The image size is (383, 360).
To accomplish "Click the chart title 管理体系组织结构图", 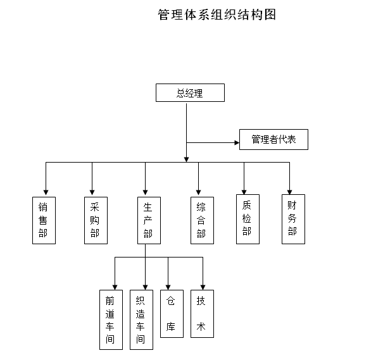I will [217, 15].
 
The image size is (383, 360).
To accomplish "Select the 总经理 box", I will [190, 93].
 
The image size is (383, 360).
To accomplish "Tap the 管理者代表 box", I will [273, 139].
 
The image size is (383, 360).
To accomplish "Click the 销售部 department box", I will [43, 220].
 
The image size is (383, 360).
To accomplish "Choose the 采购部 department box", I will [95, 220].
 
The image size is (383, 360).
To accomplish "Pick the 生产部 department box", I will [148, 220].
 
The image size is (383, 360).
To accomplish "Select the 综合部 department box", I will [201, 220].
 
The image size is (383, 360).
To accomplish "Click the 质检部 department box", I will [247, 218].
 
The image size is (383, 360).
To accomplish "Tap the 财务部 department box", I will [292, 219].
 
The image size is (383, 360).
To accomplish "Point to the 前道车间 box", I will [110, 320].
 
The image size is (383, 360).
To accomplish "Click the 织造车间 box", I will [141, 320].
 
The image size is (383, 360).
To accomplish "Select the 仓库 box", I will [171, 314].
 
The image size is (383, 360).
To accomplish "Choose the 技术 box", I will [201, 314].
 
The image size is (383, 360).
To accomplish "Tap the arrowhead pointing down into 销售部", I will [46, 192].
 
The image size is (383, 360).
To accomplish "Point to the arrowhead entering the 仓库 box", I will [168, 287].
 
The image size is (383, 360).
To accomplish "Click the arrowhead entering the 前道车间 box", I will [115, 286].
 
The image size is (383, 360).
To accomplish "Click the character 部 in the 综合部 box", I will [201, 234].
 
